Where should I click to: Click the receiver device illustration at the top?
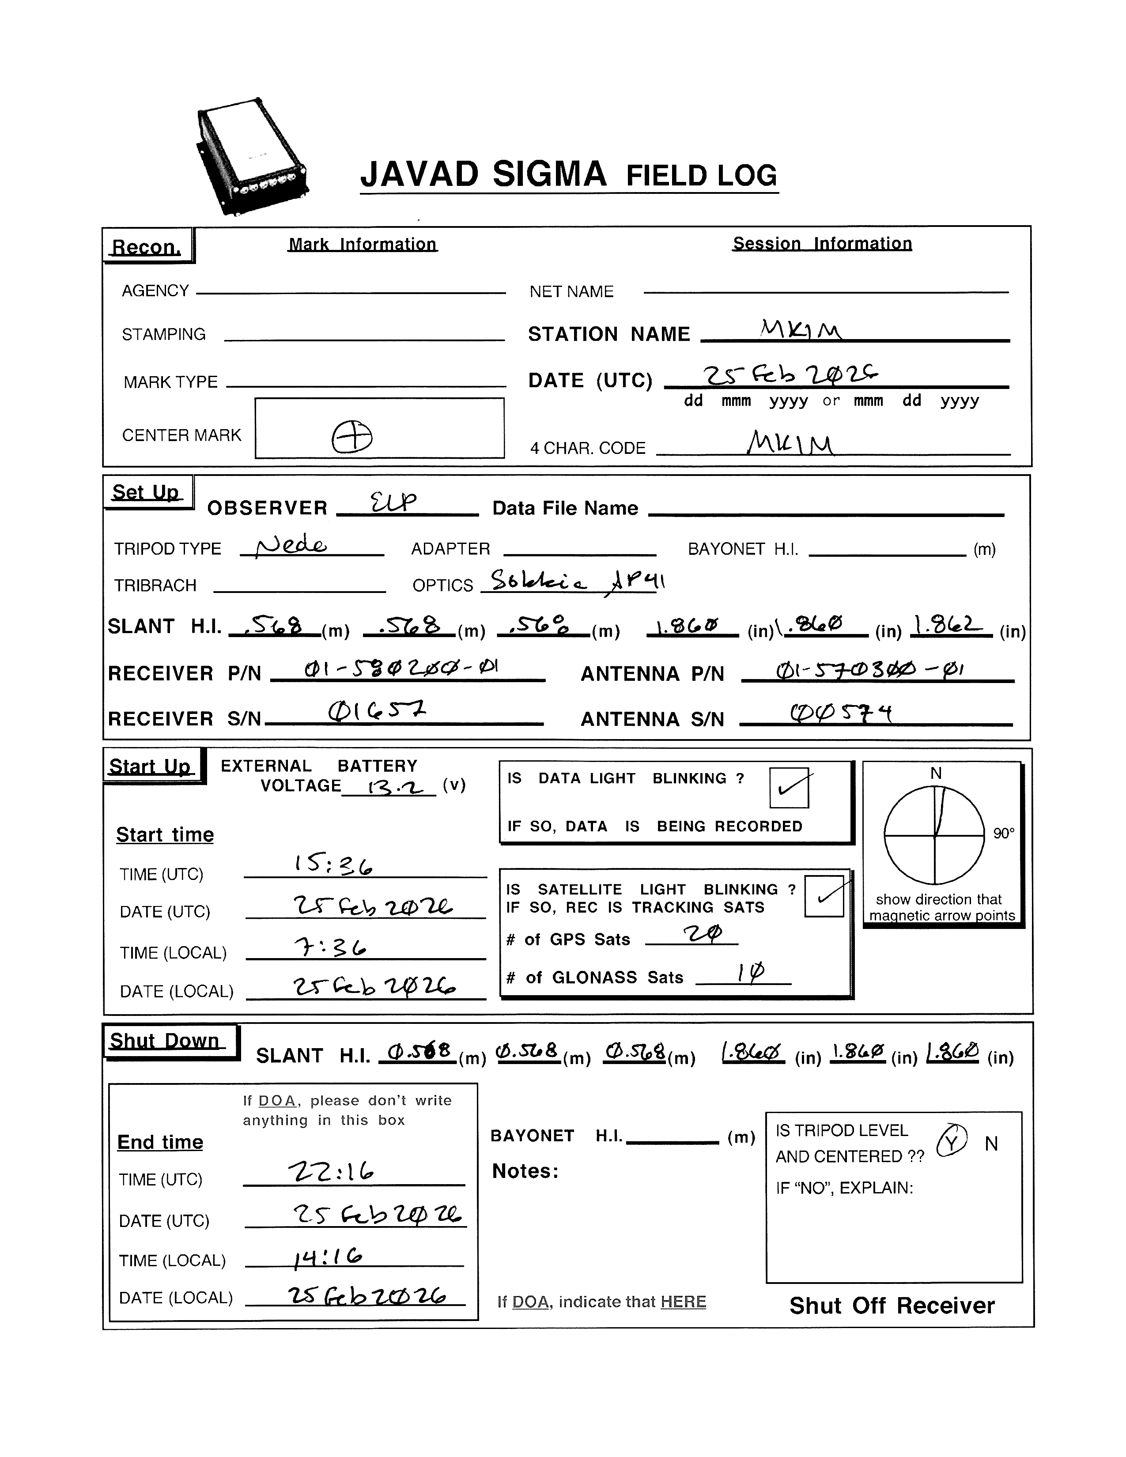coord(252,158)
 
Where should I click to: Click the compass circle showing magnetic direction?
coord(934,835)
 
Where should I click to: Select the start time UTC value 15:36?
coord(333,865)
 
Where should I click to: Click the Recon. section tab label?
coord(147,247)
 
